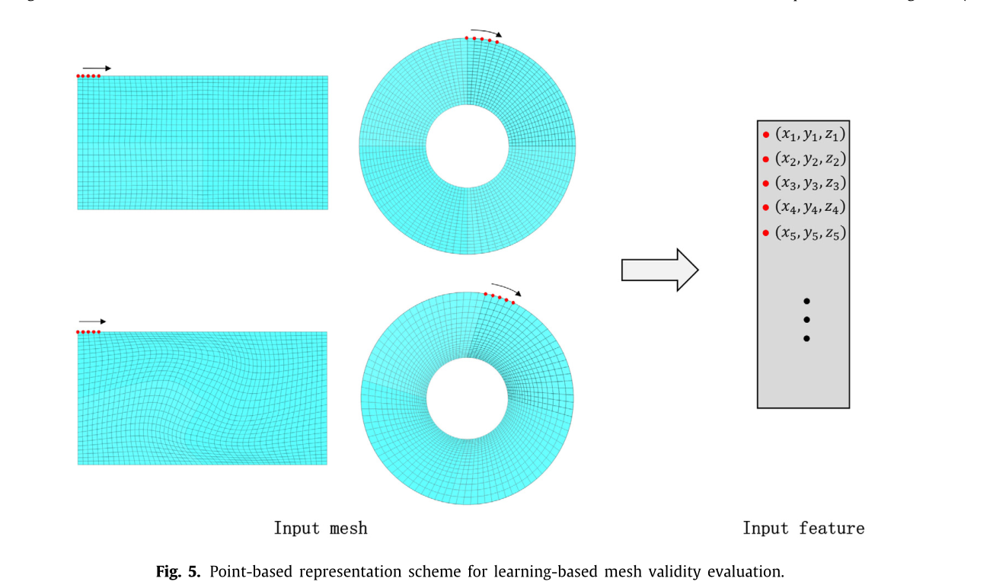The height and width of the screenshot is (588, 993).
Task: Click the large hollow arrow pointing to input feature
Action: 659,270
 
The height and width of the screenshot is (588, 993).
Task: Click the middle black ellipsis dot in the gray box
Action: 806,320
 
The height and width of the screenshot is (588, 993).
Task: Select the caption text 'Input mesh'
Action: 321,528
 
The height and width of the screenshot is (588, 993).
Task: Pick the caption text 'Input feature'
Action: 803,528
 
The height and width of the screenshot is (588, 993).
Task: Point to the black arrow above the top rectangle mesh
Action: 97,69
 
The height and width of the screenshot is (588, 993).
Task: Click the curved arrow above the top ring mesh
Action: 487,31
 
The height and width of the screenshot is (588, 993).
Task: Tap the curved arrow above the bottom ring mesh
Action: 506,289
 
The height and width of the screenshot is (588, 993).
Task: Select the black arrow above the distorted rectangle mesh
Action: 92,321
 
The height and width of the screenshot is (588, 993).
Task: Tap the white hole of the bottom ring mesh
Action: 467,398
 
